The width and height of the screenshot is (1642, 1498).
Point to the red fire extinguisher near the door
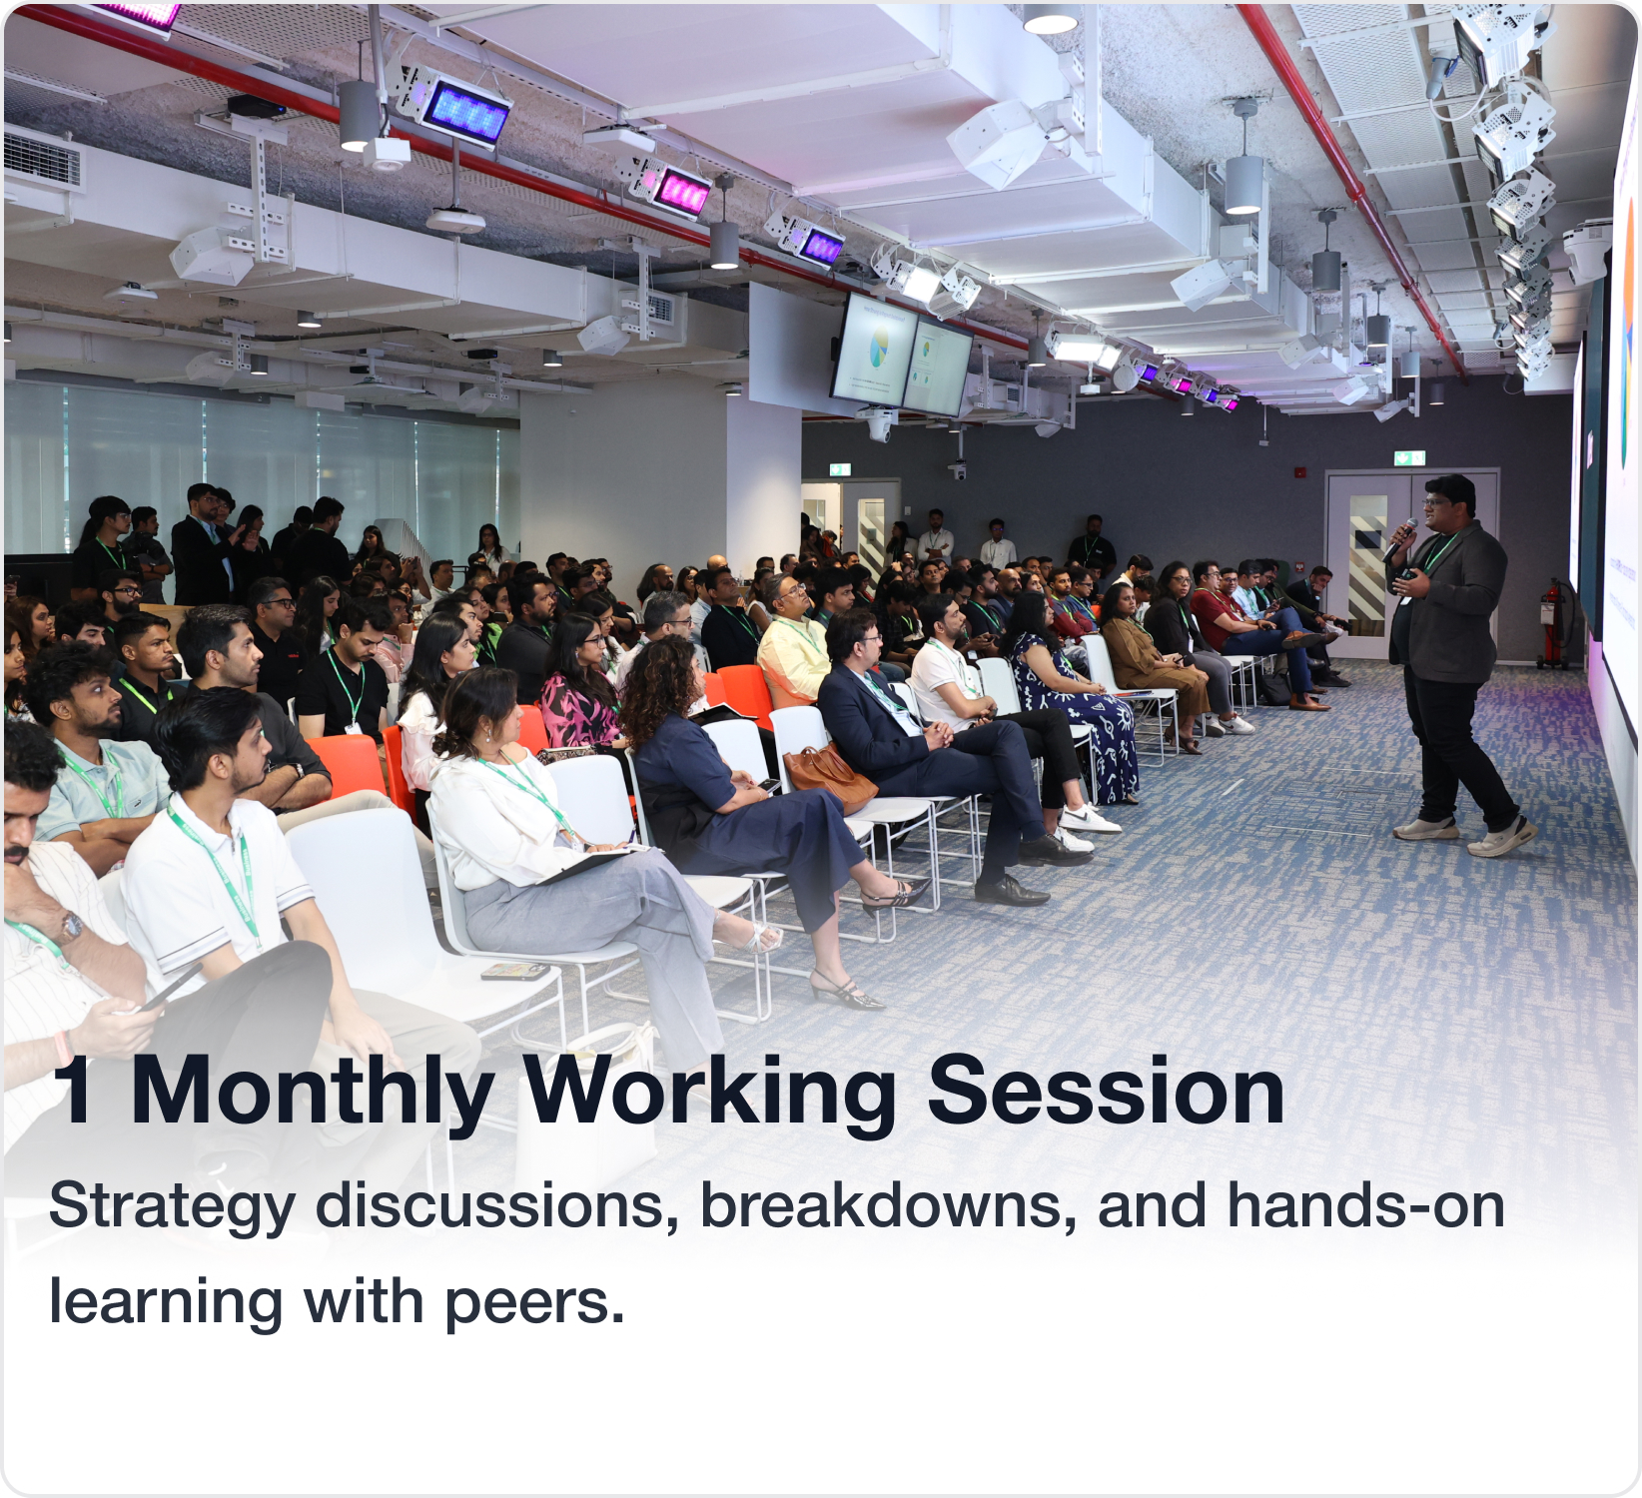click(x=1551, y=624)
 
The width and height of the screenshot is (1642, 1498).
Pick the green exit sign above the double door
click(x=1409, y=458)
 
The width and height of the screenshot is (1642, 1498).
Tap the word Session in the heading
click(x=1106, y=1092)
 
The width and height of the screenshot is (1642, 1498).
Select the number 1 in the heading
click(x=76, y=1091)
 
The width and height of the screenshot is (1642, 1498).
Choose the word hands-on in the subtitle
click(x=1365, y=1205)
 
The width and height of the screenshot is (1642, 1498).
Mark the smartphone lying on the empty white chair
click(x=514, y=971)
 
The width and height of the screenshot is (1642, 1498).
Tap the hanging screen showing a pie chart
click(x=876, y=351)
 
